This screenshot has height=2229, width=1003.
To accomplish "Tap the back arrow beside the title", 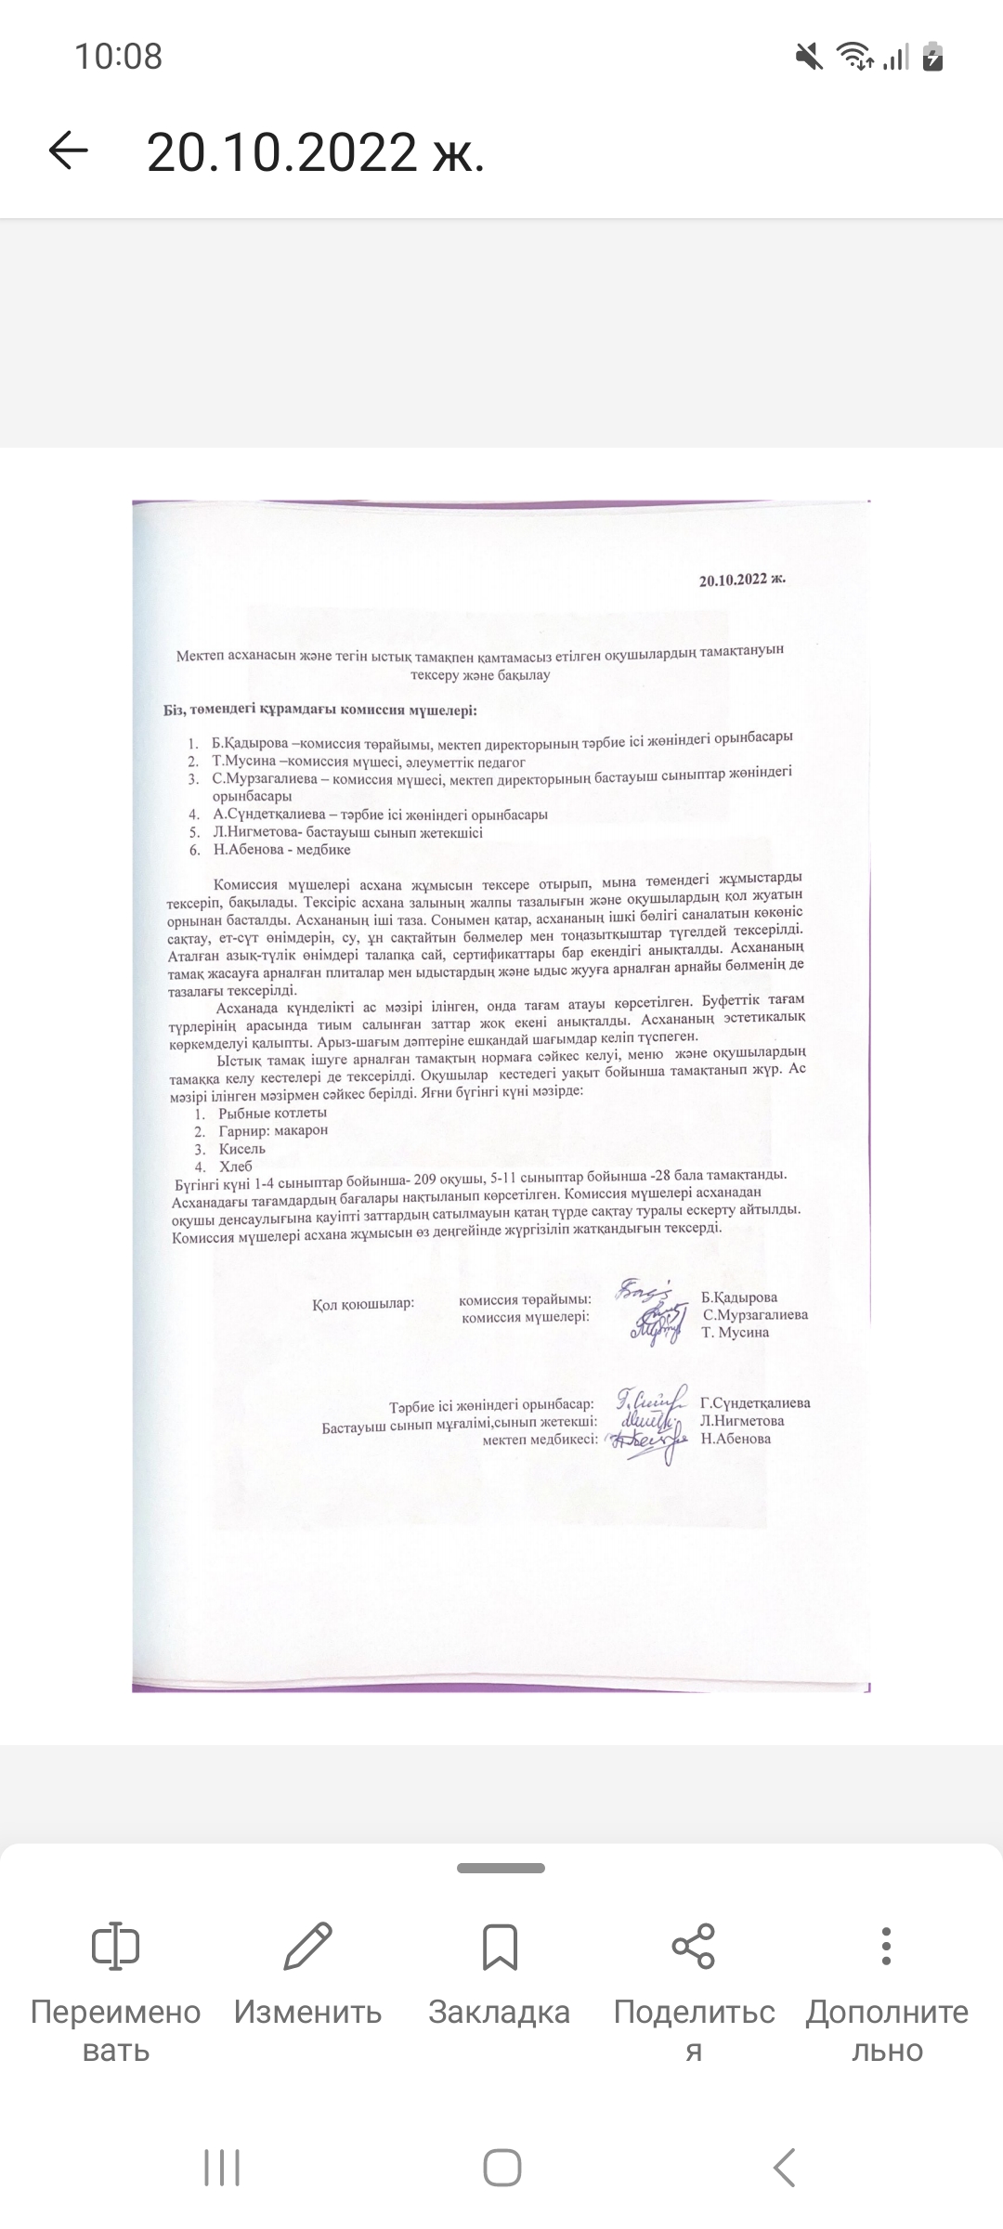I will click(68, 150).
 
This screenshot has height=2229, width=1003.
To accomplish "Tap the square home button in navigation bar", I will click(501, 2169).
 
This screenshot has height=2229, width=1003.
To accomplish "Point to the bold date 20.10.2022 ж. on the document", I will click(742, 580).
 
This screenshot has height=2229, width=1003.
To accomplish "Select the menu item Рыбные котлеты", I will click(273, 1113).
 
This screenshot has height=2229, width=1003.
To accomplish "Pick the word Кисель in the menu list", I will click(242, 1149).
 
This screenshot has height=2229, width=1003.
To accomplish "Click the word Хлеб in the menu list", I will click(236, 1167).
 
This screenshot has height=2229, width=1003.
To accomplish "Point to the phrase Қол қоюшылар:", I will click(363, 1304).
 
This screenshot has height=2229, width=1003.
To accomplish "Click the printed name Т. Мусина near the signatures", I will click(736, 1332).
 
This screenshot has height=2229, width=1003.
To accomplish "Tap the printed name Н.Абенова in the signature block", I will click(736, 1439).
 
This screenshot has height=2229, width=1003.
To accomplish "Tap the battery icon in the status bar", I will click(933, 57).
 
